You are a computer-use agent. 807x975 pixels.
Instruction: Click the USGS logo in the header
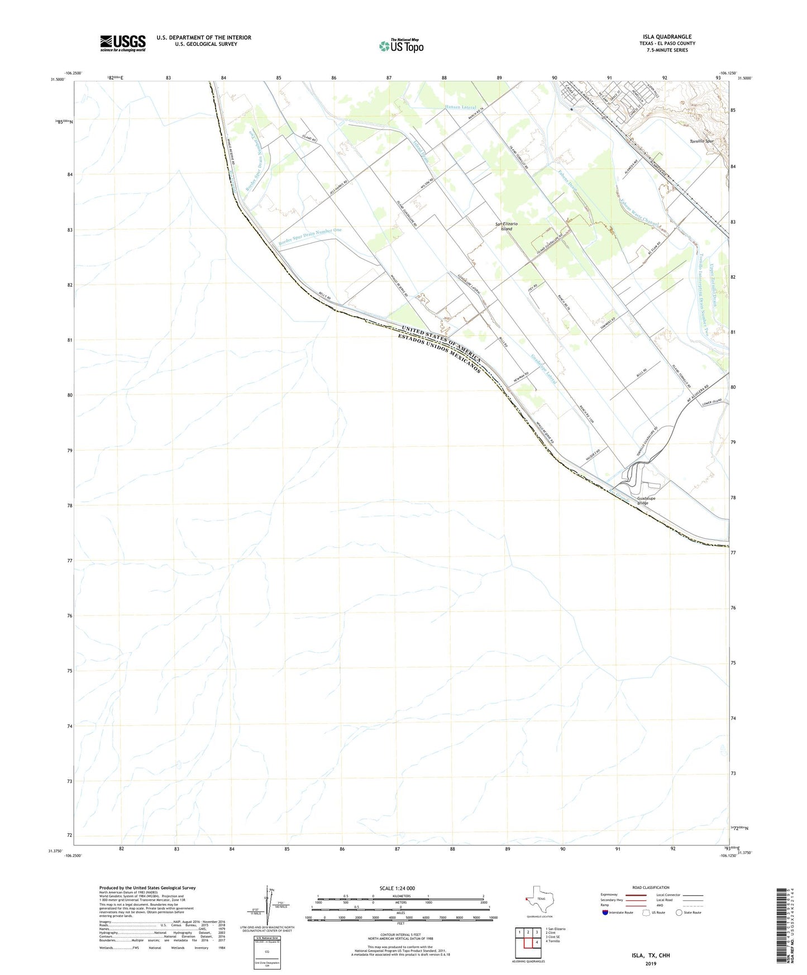coord(123,43)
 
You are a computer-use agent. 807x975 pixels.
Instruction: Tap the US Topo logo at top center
coord(401,46)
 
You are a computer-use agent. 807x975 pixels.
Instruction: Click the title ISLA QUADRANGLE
coord(667,37)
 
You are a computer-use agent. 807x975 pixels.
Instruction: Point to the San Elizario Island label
coord(507,226)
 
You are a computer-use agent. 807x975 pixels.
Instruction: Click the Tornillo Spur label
coord(701,141)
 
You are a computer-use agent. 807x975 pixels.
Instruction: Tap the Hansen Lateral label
coord(460,107)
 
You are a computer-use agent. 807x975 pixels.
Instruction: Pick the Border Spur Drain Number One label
coord(310,237)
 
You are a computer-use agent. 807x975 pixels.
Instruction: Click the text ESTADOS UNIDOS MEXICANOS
coord(439,354)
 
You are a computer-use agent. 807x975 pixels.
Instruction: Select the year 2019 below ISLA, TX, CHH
coord(651,963)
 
